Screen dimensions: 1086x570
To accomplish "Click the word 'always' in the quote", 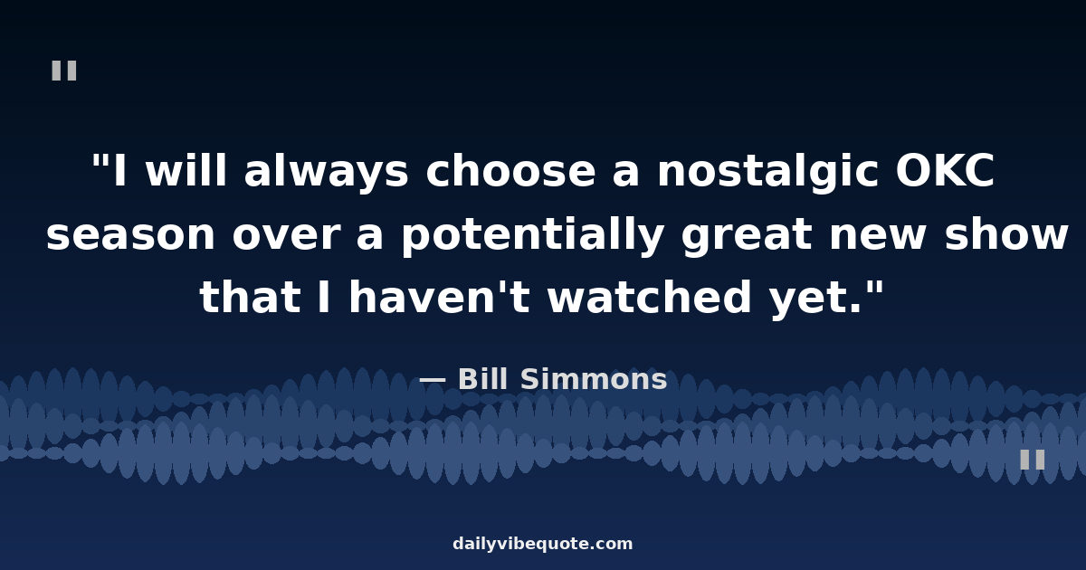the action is (x=327, y=171).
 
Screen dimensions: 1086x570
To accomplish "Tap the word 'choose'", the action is (x=510, y=171).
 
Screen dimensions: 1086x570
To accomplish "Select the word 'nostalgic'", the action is (x=768, y=171).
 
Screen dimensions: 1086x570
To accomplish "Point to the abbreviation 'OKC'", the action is (x=945, y=171).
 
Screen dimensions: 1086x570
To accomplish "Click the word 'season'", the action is (x=131, y=235).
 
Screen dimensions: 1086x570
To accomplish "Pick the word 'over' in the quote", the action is (x=286, y=235).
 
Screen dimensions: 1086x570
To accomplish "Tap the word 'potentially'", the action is (x=533, y=234).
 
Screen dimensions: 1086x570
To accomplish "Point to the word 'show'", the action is (x=1006, y=233).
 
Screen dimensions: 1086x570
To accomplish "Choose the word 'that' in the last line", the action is (x=250, y=296).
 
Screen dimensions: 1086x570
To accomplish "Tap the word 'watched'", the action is (x=650, y=296).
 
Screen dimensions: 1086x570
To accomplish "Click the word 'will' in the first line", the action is (x=186, y=170).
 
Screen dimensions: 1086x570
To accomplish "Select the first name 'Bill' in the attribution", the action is (x=483, y=379).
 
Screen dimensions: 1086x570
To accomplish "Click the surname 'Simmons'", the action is (x=594, y=379).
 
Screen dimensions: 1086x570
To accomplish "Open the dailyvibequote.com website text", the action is (x=542, y=544).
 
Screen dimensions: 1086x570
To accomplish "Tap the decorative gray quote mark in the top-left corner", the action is (x=64, y=71).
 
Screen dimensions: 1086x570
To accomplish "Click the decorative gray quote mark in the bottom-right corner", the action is (x=1033, y=460).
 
